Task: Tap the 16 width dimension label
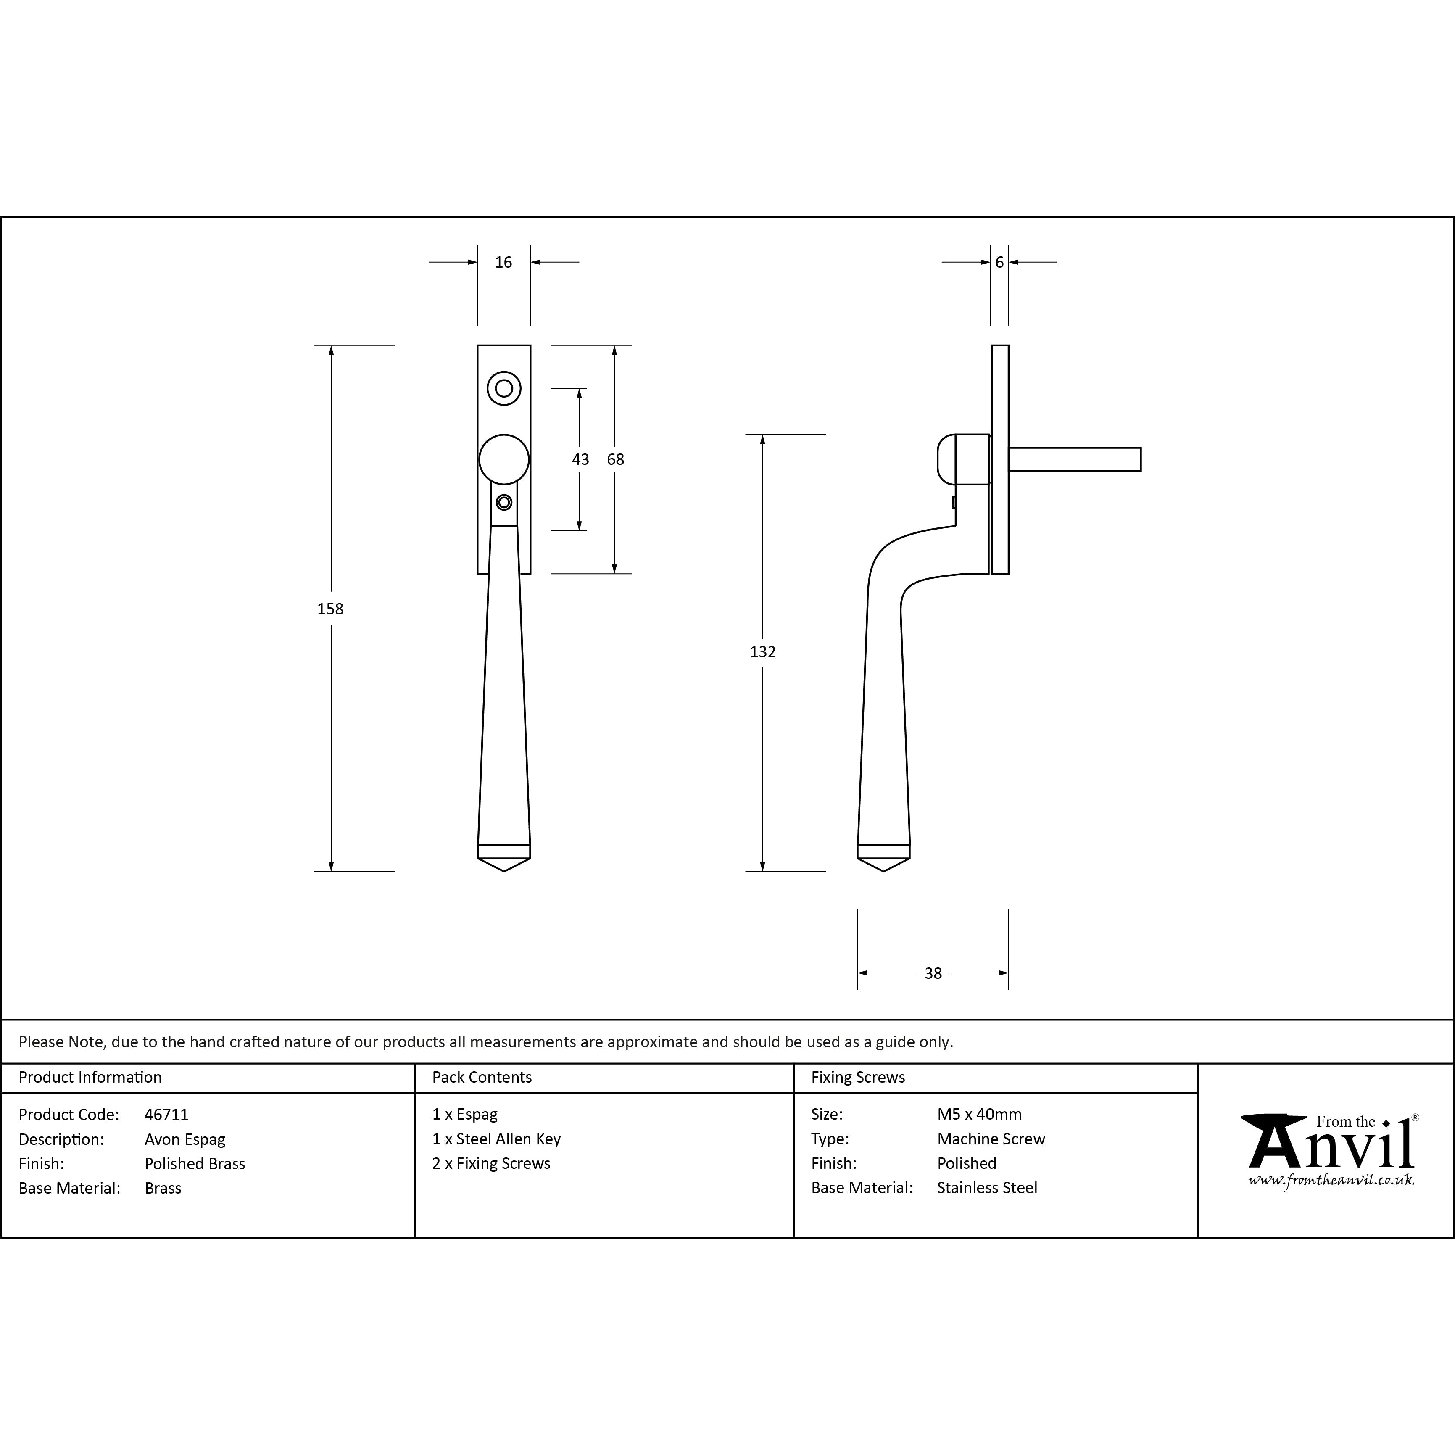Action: [x=503, y=262]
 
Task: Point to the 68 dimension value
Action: [x=615, y=459]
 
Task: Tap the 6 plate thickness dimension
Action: [x=999, y=262]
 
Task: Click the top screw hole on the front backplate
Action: [x=504, y=389]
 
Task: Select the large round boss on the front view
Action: [x=504, y=459]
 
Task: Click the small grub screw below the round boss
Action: [x=504, y=502]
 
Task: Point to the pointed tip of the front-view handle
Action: [x=504, y=871]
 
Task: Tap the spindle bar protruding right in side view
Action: [x=1075, y=459]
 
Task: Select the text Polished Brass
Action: [x=195, y=1164]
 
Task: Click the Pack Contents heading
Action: [x=482, y=1077]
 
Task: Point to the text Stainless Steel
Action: [x=986, y=1188]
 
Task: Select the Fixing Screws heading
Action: [x=858, y=1077]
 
